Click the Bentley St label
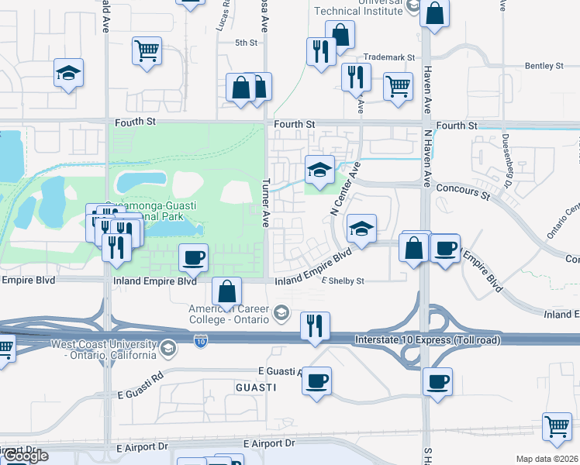coord(543,66)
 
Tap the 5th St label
coord(246,43)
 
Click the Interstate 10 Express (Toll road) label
coord(428,339)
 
